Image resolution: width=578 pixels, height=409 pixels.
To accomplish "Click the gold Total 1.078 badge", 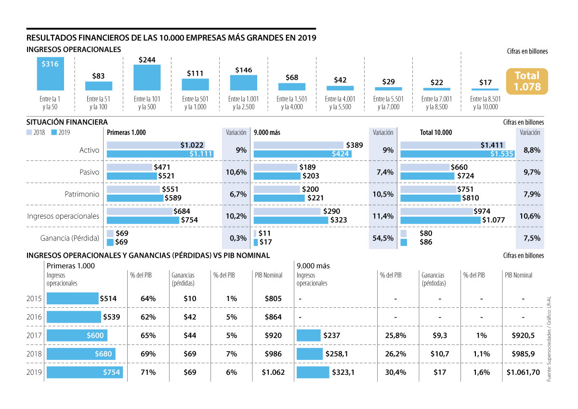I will pyautogui.click(x=527, y=81).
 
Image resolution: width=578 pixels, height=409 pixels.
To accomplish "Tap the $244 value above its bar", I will pyautogui.click(x=147, y=60).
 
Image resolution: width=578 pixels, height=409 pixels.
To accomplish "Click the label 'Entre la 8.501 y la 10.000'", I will pyautogui.click(x=485, y=103).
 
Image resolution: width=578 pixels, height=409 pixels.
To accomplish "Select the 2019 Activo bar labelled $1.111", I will pyautogui.click(x=160, y=154).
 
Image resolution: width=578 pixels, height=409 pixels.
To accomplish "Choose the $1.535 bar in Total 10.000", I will pyautogui.click(x=457, y=154).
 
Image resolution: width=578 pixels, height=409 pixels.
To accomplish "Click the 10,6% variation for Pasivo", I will pyautogui.click(x=236, y=172).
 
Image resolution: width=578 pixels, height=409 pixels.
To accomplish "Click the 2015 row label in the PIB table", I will pyautogui.click(x=35, y=299).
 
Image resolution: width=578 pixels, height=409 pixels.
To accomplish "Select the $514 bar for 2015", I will pyautogui.click(x=72, y=299).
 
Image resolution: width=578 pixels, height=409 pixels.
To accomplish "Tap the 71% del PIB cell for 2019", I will pyautogui.click(x=148, y=372).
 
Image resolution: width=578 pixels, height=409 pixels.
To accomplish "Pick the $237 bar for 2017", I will pyautogui.click(x=309, y=335).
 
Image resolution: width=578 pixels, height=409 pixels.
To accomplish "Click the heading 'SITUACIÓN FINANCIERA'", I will pyautogui.click(x=67, y=123).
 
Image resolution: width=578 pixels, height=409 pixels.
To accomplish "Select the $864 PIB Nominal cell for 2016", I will pyautogui.click(x=273, y=317).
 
